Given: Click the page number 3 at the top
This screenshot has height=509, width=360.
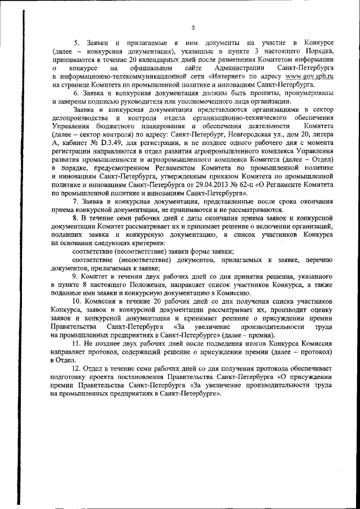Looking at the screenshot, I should (x=192, y=27).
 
